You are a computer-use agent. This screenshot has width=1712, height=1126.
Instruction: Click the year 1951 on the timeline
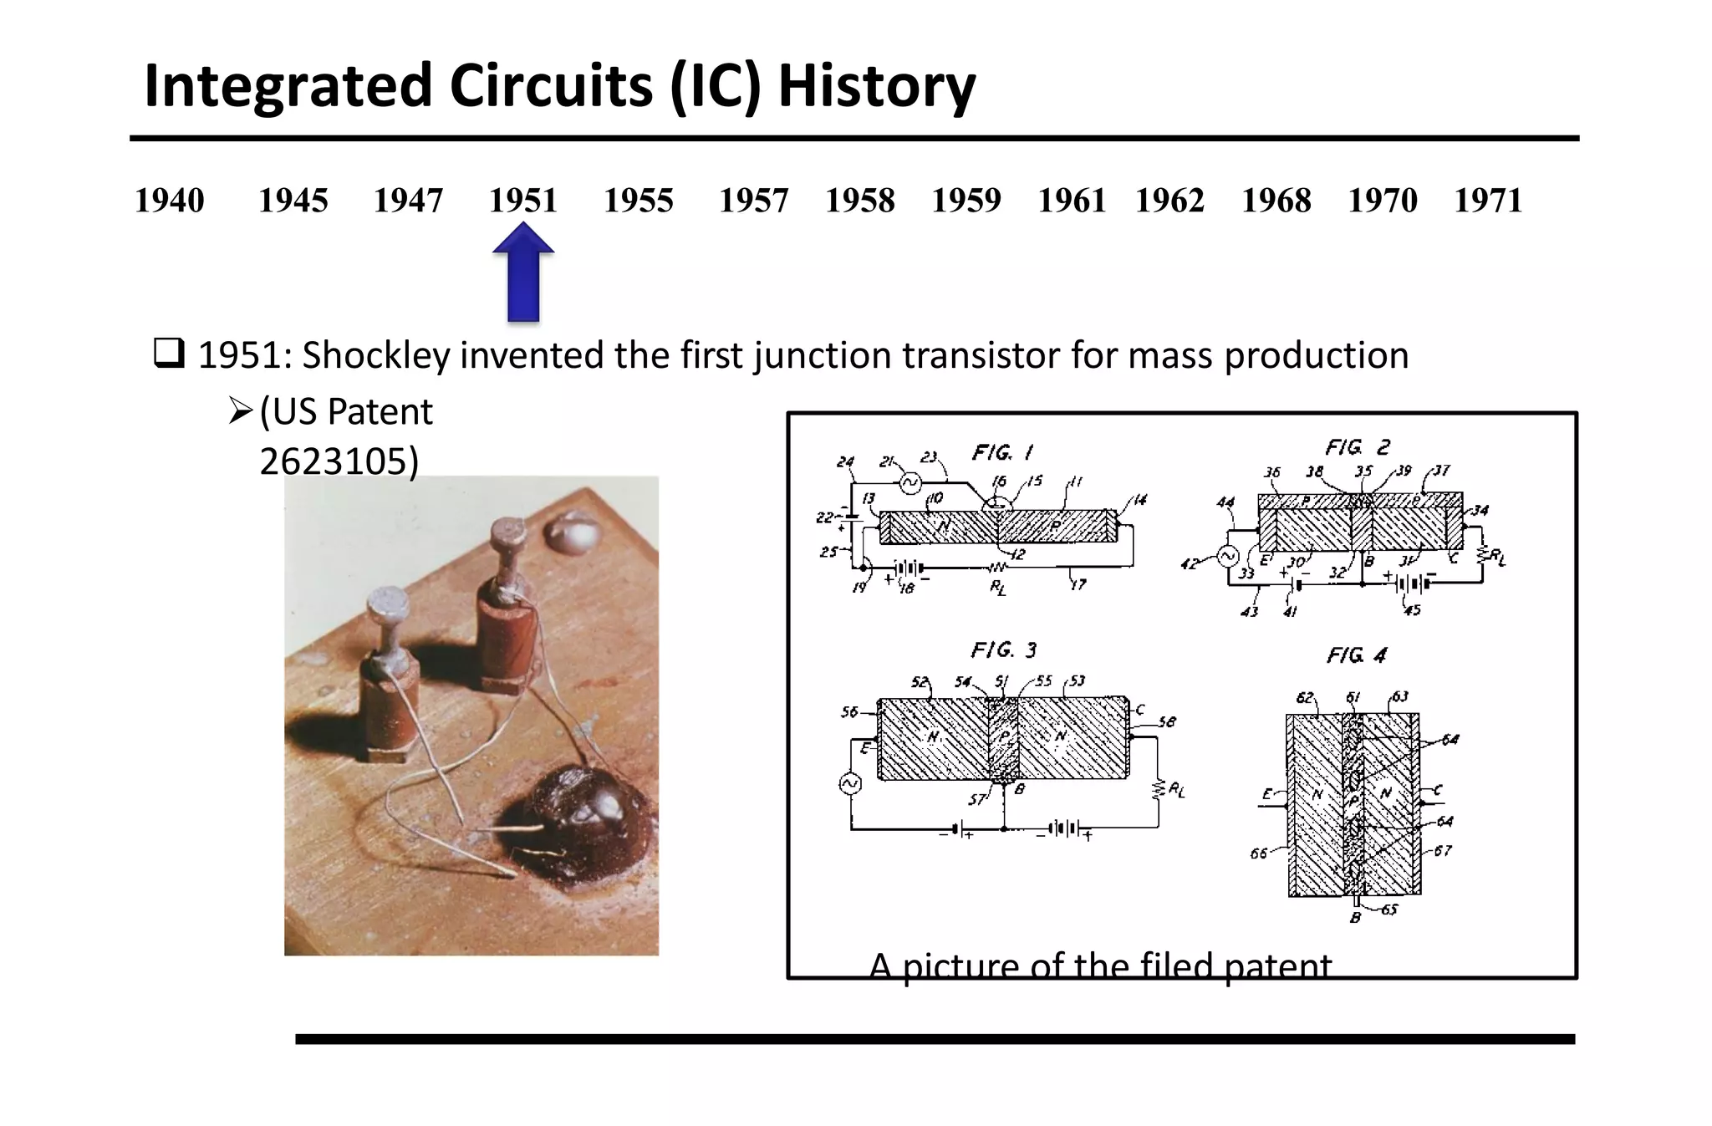(x=522, y=201)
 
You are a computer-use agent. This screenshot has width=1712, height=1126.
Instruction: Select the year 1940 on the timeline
(x=169, y=201)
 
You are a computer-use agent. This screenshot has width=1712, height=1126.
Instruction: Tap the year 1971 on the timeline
(x=1487, y=201)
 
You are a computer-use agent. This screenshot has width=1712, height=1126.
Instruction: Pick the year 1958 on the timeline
(x=859, y=201)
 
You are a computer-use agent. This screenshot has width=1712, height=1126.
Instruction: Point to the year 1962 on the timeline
(x=1169, y=201)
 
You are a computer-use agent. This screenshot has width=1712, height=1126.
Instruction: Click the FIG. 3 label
(x=1003, y=650)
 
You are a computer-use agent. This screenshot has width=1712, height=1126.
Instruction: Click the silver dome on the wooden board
(x=569, y=532)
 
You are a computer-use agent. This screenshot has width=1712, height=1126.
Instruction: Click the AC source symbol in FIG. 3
(x=850, y=783)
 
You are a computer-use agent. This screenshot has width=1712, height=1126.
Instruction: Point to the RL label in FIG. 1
(x=998, y=588)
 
